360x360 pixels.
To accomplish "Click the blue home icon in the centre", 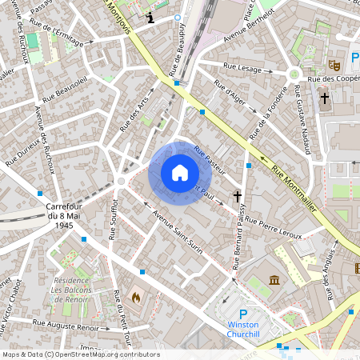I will click(x=180, y=173).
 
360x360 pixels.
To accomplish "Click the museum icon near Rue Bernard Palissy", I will click(x=275, y=281).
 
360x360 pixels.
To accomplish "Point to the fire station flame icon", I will click(x=136, y=297).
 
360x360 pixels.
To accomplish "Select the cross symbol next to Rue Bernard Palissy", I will click(x=237, y=195).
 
